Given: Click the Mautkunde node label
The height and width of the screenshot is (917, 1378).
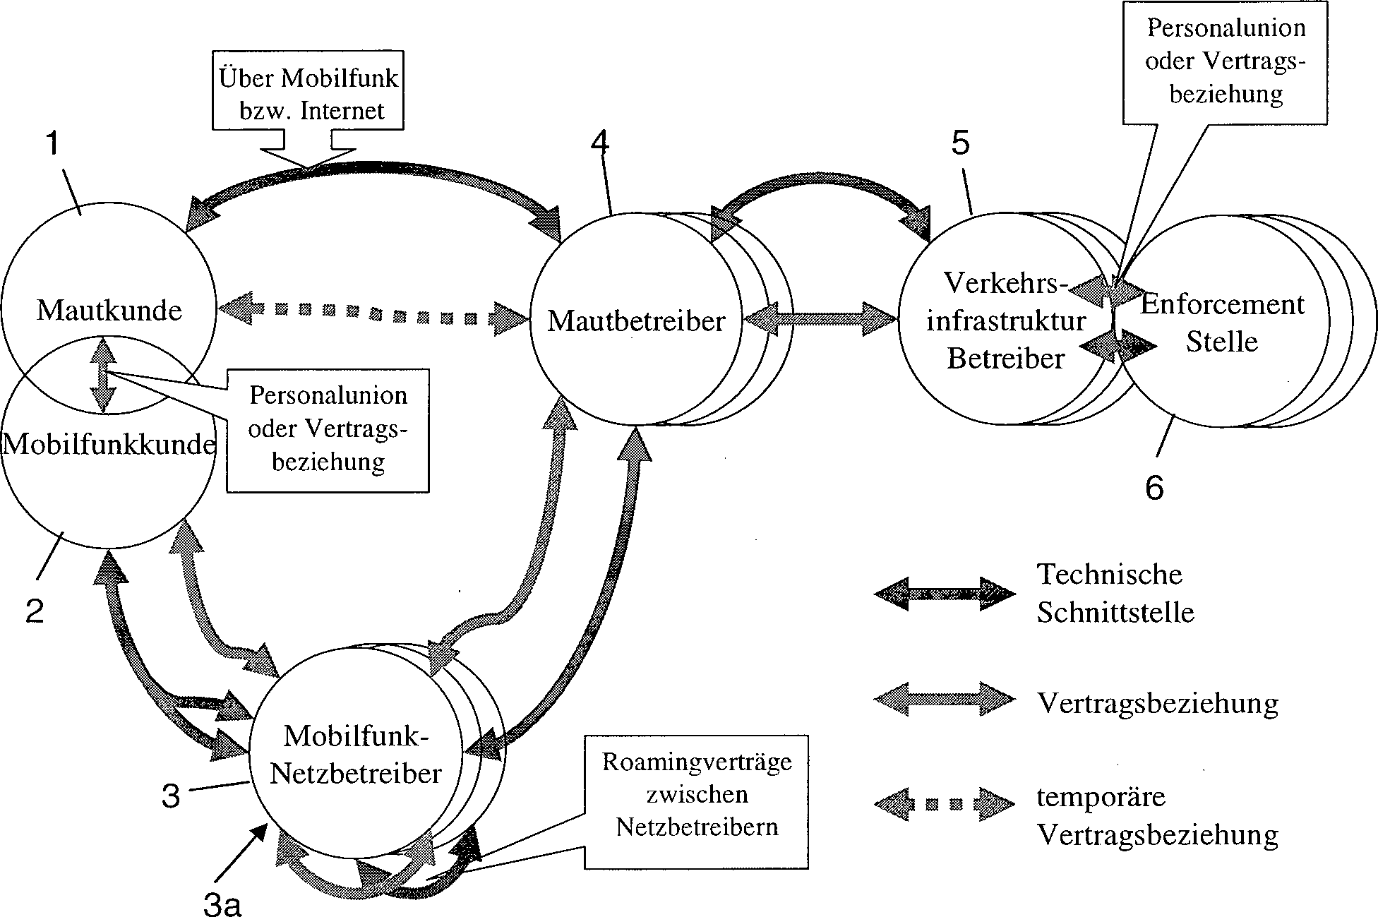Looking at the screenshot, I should tap(109, 311).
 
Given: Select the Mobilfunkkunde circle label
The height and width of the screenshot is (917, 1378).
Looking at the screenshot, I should tap(109, 444).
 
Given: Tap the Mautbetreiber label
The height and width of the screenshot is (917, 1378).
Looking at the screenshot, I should tap(636, 321).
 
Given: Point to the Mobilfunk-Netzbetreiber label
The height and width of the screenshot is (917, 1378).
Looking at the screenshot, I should tap(356, 755).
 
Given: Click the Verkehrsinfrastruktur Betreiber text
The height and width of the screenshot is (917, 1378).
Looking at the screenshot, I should tap(1005, 321).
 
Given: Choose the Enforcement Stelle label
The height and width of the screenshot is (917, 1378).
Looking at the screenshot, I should tap(1222, 323).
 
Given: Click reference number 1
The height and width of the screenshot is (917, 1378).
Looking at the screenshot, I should tap(53, 145).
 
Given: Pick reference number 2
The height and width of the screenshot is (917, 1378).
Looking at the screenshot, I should tap(35, 610).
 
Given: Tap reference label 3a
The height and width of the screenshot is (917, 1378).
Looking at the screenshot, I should tap(222, 904).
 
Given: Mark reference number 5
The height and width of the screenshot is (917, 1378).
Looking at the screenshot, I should tap(960, 143).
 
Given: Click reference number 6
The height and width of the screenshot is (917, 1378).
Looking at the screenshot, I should tap(1154, 488).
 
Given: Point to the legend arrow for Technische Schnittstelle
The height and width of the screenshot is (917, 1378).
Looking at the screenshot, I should tap(945, 593).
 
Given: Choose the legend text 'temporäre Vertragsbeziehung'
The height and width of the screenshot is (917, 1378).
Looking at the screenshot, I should tap(1157, 816).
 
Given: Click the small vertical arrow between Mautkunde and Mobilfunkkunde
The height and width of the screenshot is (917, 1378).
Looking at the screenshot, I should tap(104, 374).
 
